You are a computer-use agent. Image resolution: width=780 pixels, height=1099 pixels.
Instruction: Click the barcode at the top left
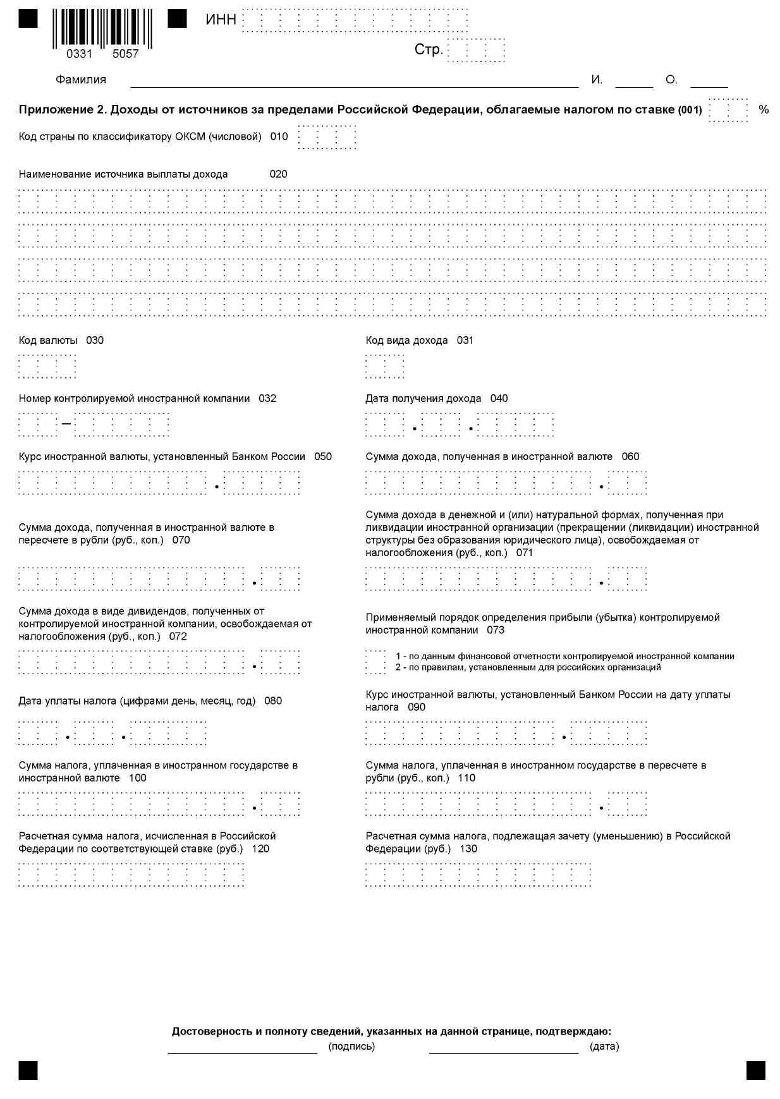(x=102, y=28)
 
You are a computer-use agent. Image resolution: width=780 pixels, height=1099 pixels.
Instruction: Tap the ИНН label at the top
(x=221, y=20)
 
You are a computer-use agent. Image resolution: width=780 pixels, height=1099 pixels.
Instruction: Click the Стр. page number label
(x=428, y=49)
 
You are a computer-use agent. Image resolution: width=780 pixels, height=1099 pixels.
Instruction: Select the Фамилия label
(x=81, y=80)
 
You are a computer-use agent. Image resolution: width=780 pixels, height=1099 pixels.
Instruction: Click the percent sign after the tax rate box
(x=764, y=110)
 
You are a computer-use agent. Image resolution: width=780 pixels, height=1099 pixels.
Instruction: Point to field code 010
(x=279, y=137)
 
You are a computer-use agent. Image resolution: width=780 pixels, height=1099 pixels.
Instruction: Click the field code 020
(x=278, y=174)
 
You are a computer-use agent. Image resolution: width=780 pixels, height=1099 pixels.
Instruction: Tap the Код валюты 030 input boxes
(x=47, y=366)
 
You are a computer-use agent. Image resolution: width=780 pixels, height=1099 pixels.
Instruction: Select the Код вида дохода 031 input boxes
(x=384, y=366)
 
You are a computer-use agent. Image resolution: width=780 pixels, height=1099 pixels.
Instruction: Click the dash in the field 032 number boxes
(x=66, y=424)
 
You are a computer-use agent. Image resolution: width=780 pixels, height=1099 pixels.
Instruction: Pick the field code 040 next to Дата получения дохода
(x=499, y=399)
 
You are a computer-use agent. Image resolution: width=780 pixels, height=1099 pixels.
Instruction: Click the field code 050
(x=322, y=457)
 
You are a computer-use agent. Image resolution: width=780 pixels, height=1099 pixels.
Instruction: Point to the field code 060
(x=630, y=457)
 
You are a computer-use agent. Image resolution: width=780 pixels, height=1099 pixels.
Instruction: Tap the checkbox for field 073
(x=375, y=662)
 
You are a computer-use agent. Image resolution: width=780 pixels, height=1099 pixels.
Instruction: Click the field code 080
(x=273, y=701)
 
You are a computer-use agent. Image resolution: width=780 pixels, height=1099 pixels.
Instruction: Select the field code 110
(x=466, y=778)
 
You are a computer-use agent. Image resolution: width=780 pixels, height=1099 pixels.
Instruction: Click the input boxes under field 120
(x=131, y=874)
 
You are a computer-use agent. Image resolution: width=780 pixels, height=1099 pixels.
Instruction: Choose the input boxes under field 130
(x=478, y=874)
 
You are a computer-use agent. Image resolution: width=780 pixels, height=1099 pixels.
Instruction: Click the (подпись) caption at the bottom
(x=351, y=1047)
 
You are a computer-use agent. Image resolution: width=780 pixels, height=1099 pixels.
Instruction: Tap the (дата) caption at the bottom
(x=604, y=1047)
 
